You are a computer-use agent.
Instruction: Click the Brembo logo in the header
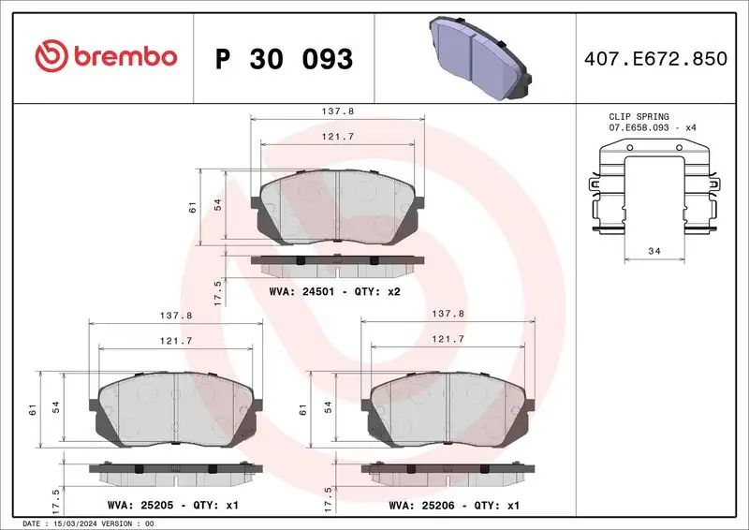tap(106, 58)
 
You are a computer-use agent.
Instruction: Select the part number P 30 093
tap(284, 59)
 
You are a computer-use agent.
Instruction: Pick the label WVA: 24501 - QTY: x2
tap(335, 291)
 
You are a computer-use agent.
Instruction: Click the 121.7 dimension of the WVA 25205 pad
tap(177, 342)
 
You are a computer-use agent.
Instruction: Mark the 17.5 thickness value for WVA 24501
tap(217, 291)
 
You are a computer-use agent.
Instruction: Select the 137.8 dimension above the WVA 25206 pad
tap(448, 316)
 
